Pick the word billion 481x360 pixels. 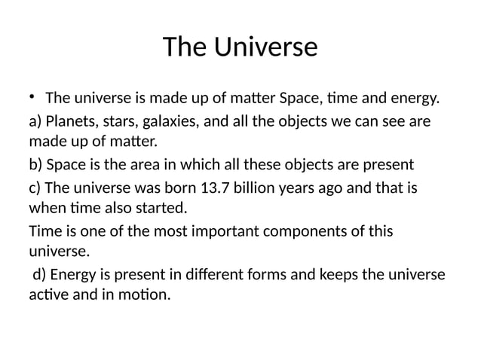pos(285,186)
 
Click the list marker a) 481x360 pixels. pos(35,121)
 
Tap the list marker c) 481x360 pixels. pos(35,186)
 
